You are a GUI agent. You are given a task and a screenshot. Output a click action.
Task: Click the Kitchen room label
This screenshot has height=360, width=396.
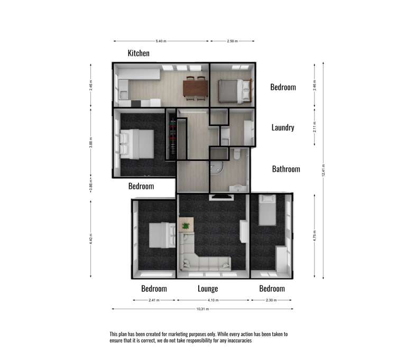tap(139, 53)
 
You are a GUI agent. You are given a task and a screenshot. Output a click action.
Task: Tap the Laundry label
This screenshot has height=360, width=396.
tap(282, 127)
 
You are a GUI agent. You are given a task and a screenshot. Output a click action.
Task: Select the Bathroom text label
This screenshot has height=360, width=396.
tap(286, 169)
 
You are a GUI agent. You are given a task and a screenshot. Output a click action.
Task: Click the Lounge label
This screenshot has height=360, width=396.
tap(208, 289)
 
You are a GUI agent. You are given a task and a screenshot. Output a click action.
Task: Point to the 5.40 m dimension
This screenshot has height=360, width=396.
tap(161, 41)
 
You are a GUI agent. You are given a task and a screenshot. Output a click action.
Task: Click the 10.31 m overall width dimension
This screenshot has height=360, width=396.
tap(202, 309)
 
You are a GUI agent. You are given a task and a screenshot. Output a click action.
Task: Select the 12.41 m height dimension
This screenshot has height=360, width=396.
tap(323, 170)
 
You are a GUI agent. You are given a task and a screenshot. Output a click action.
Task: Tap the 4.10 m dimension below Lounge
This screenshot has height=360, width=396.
tap(213, 300)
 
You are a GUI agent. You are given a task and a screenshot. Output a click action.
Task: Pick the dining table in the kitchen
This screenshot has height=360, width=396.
tap(195, 87)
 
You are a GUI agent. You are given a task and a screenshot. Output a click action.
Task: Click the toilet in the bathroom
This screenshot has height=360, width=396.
tap(237, 154)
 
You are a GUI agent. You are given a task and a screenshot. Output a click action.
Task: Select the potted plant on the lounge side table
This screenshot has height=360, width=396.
tap(186, 226)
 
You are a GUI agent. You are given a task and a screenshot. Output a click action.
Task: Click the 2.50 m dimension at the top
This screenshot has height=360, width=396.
tap(233, 41)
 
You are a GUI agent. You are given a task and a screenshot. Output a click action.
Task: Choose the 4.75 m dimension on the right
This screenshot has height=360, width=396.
tap(315, 235)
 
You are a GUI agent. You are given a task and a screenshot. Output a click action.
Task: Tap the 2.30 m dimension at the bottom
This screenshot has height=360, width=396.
tap(271, 300)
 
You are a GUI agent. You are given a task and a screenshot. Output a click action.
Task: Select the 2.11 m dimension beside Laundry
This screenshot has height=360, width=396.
tap(315, 127)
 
